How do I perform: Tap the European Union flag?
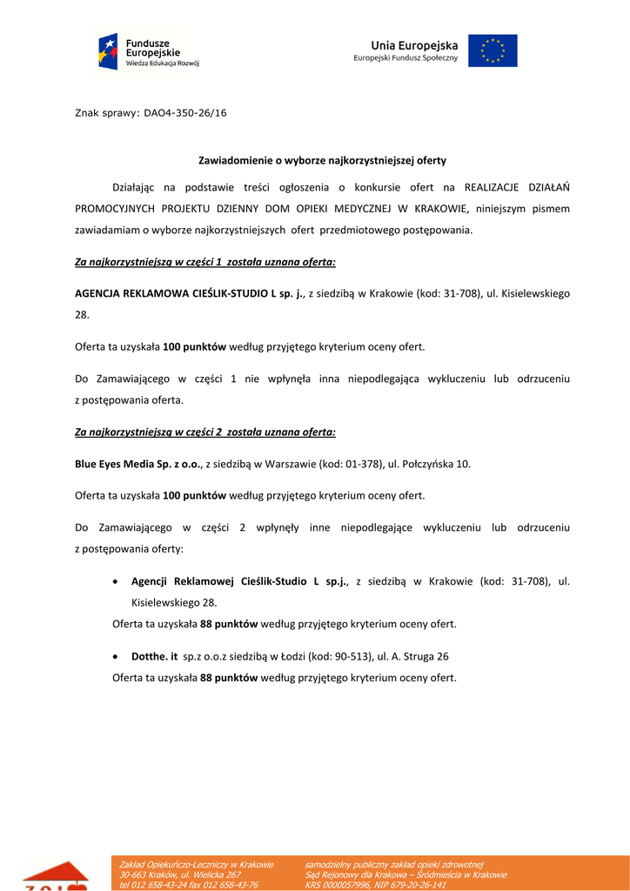tap(493, 50)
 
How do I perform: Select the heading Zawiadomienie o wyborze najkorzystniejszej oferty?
tap(322, 160)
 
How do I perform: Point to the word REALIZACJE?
tap(493, 186)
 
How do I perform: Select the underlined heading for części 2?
tap(205, 432)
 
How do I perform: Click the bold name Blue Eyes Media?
tap(113, 464)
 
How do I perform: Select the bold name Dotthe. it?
tap(155, 656)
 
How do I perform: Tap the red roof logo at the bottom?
tap(55, 875)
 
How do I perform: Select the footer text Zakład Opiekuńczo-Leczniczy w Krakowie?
tap(197, 864)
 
